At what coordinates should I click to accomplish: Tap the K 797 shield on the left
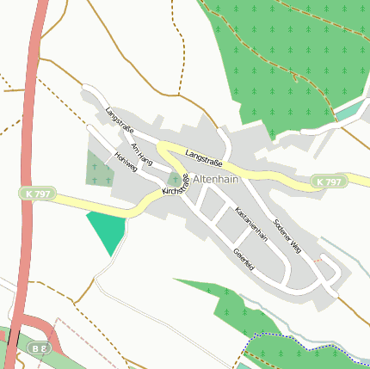pyautogui.click(x=34, y=195)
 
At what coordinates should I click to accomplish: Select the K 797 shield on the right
pyautogui.click(x=329, y=182)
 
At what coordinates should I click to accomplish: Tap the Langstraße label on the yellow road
pyautogui.click(x=204, y=157)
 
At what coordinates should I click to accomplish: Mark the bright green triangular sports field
pyautogui.click(x=107, y=231)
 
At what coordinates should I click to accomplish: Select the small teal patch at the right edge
pyautogui.click(x=351, y=109)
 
